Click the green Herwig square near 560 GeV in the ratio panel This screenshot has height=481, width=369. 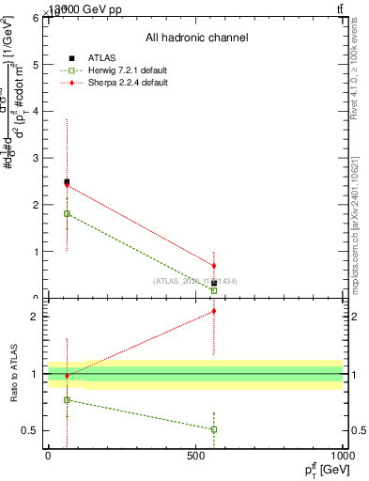click(x=214, y=429)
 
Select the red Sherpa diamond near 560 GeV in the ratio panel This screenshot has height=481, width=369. click(x=214, y=311)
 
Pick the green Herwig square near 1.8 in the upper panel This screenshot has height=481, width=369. click(x=67, y=213)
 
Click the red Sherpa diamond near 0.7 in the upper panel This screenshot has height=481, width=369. click(x=214, y=266)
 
